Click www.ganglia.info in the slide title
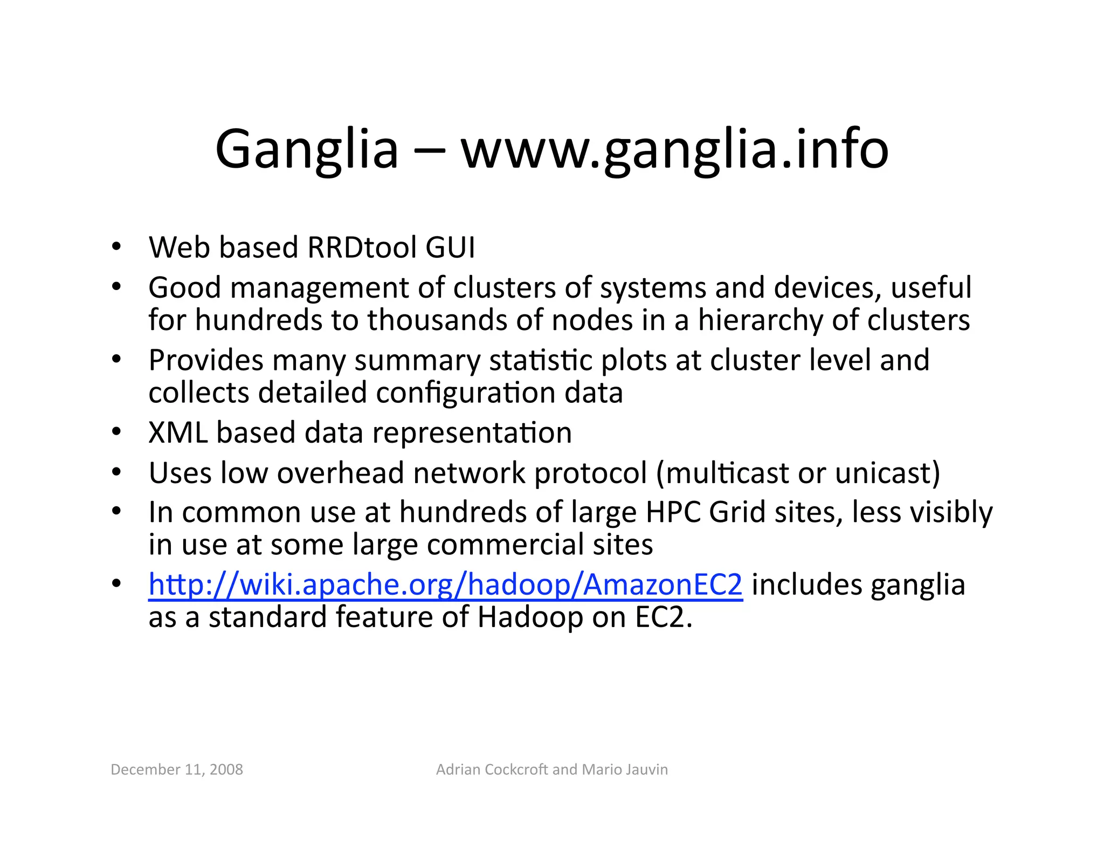(x=674, y=149)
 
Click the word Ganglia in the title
(x=306, y=149)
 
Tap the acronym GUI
(x=450, y=248)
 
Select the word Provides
(x=206, y=360)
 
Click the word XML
(x=178, y=433)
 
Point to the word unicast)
(x=887, y=473)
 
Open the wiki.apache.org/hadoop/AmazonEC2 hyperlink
(x=445, y=585)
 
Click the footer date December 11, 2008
(x=177, y=769)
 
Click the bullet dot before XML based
(x=116, y=432)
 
